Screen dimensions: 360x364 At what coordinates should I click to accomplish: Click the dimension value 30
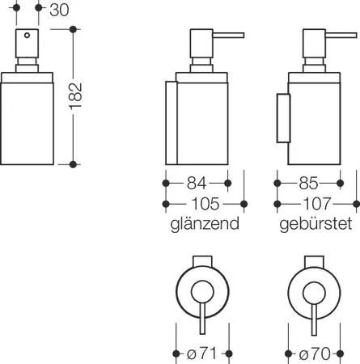59,10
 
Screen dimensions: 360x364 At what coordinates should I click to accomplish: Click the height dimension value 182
76,96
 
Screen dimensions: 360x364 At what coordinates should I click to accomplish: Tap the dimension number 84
197,184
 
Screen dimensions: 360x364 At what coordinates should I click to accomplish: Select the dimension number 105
205,204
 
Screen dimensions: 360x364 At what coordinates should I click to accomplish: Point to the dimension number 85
308,184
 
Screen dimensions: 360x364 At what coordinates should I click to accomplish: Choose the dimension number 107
317,204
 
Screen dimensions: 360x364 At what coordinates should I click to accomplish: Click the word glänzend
205,224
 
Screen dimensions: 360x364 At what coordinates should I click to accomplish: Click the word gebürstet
316,224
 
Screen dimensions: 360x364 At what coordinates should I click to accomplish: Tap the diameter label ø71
201,353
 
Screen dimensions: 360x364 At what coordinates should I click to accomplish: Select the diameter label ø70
315,353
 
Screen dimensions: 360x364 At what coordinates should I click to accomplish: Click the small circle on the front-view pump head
27,35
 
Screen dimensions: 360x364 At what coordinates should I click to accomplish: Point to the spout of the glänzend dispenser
229,36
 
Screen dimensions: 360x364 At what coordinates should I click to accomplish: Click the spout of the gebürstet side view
341,36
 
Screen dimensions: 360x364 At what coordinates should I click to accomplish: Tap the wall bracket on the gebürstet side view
284,118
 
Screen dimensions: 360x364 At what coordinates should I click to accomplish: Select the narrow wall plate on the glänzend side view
172,123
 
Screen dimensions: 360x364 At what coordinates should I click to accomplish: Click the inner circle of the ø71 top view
202,292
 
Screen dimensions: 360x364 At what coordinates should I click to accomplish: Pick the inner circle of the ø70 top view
314,293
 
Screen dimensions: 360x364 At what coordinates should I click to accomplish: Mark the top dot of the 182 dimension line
73,29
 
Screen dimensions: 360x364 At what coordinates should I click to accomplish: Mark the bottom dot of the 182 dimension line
73,164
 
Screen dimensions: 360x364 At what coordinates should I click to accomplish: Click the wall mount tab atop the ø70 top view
314,261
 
